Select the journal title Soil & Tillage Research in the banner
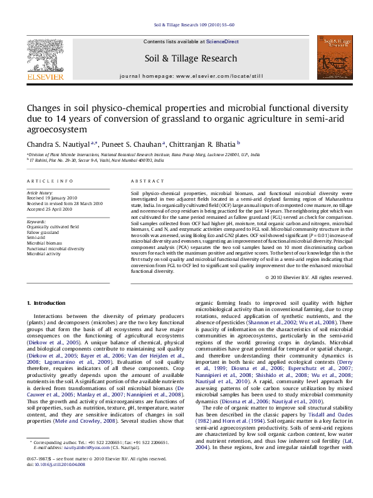click(186, 58)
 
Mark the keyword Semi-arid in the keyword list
click(36, 238)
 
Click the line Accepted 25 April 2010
click(50, 209)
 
